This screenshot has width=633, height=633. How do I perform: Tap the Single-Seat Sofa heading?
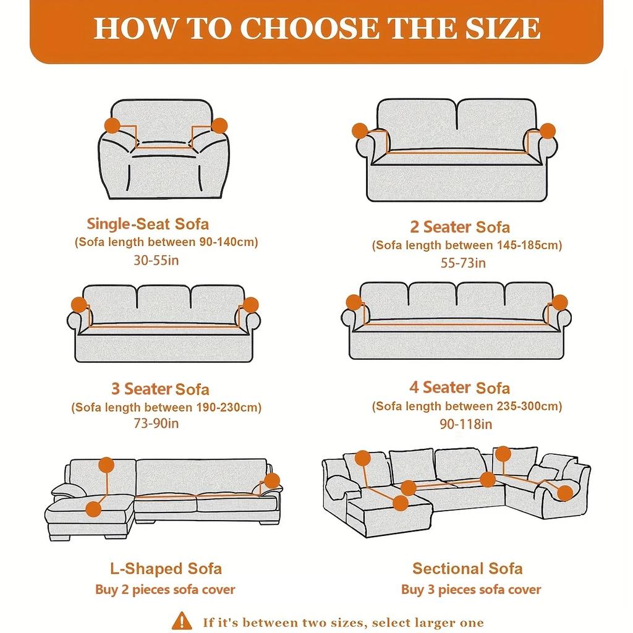click(148, 223)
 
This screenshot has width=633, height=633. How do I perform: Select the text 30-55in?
click(156, 260)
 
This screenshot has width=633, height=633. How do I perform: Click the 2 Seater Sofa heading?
click(460, 227)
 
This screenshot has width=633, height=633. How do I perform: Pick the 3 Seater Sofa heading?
click(160, 389)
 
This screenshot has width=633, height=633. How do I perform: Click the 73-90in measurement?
click(156, 424)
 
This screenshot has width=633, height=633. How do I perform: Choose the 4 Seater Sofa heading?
click(459, 388)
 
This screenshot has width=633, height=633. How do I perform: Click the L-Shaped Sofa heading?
click(166, 569)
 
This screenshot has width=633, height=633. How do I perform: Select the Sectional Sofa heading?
click(467, 569)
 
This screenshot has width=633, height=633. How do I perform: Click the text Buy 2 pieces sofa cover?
click(165, 590)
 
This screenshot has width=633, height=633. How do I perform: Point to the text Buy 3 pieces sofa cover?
click(471, 590)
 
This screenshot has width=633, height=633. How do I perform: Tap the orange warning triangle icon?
click(182, 620)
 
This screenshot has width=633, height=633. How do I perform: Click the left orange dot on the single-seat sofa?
click(113, 125)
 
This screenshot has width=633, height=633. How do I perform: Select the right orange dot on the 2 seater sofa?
click(547, 130)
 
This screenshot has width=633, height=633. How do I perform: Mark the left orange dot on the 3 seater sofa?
click(79, 304)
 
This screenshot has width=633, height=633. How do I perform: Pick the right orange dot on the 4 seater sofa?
click(559, 302)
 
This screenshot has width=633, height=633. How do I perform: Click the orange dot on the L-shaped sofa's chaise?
click(93, 509)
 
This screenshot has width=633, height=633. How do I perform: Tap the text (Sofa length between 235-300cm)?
click(467, 406)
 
